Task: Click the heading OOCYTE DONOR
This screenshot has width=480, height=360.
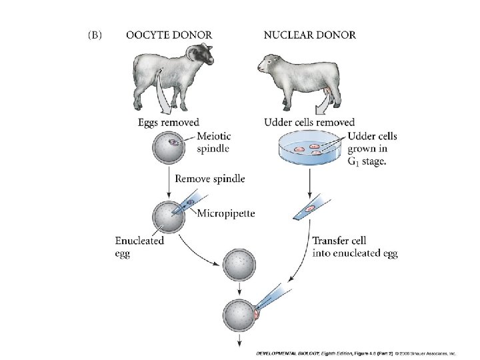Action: coord(169,35)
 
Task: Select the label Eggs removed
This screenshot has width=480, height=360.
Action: coord(168,123)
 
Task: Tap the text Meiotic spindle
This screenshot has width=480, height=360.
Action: coord(216,143)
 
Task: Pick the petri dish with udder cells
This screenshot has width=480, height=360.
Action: coord(305,151)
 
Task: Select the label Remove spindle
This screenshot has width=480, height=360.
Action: coord(209,179)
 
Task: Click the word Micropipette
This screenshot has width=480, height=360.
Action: coord(226,213)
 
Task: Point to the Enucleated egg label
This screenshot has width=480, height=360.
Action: coord(139,247)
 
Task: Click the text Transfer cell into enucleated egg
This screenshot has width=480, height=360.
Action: coord(355,247)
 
